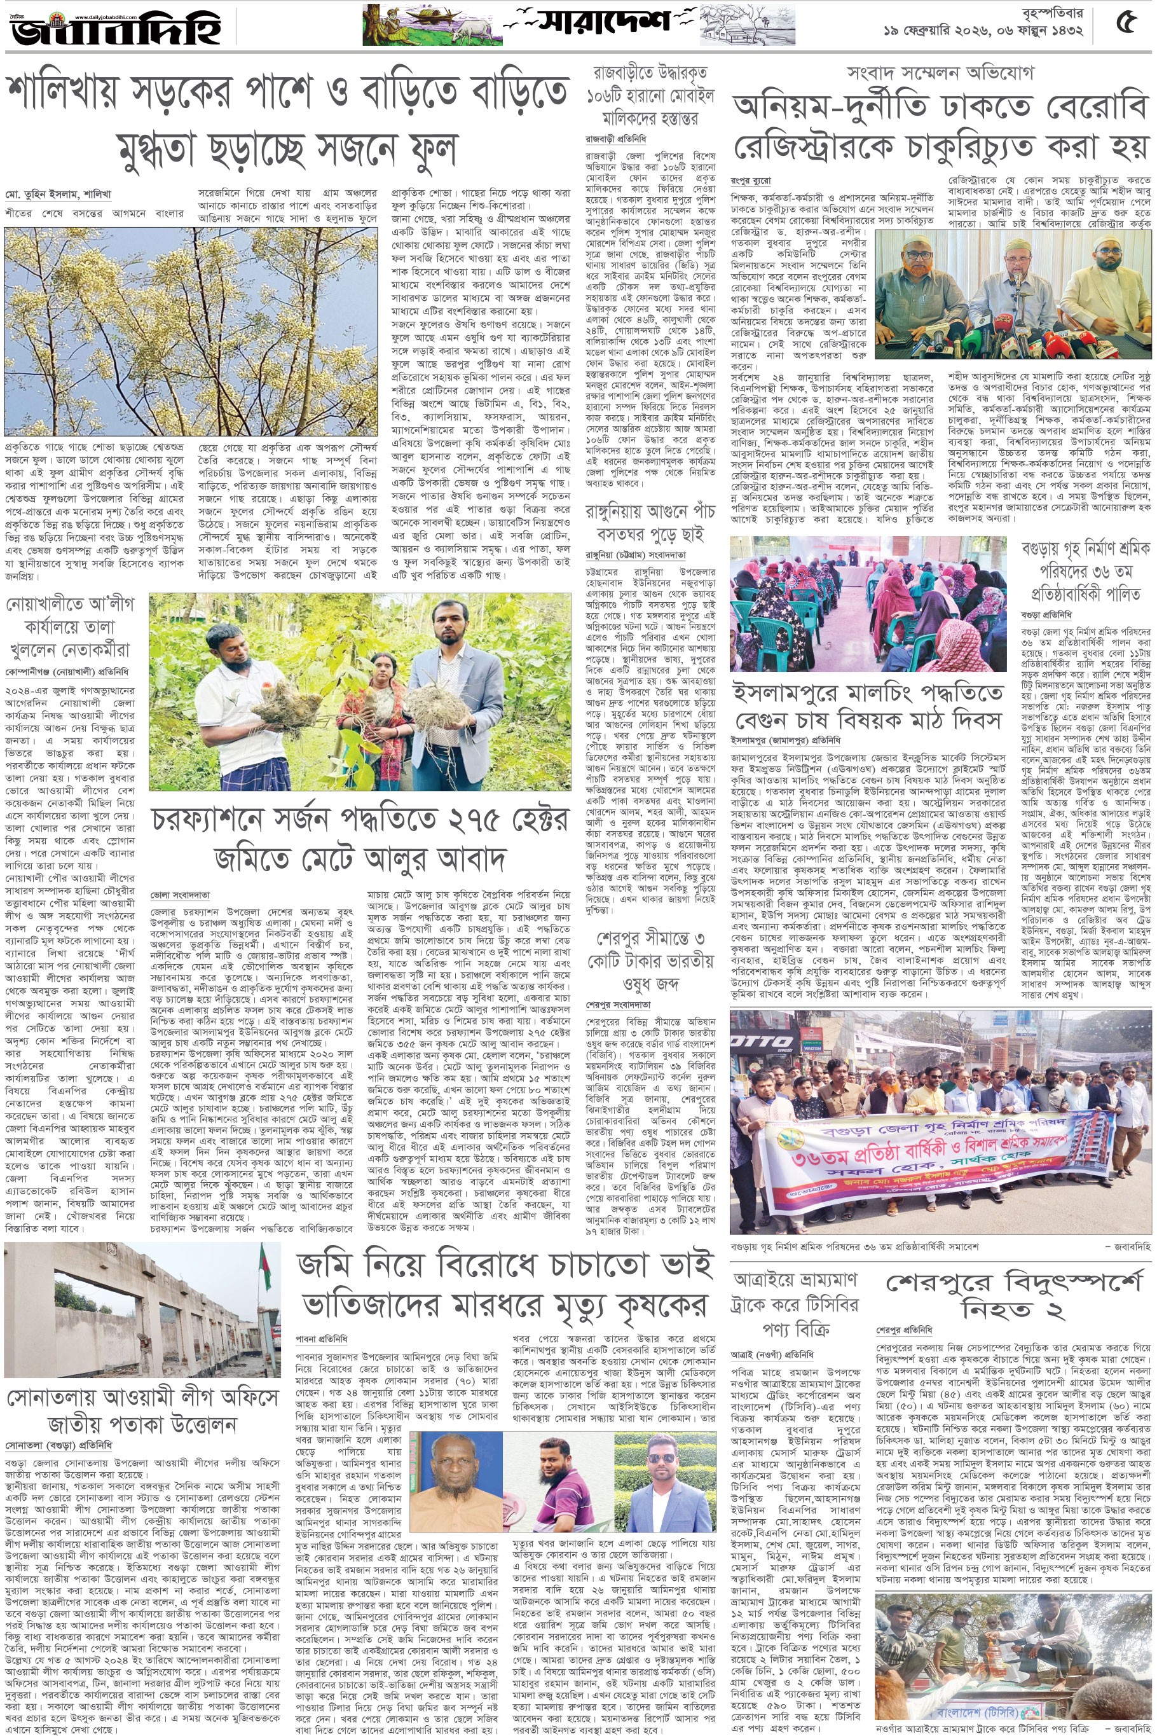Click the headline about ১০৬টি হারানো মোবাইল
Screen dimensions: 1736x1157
click(x=651, y=96)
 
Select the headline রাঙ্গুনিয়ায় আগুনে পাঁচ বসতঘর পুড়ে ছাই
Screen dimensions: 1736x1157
click(x=651, y=522)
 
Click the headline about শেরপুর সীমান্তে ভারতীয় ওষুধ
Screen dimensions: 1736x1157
click(x=651, y=960)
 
